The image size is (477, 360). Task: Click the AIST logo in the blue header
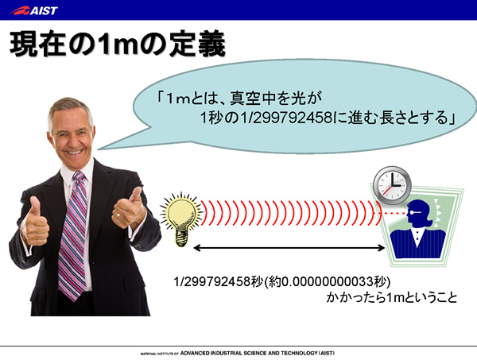33,10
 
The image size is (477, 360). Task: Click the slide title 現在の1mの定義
118,45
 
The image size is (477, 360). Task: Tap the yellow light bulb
181,219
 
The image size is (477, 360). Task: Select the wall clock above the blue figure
392,185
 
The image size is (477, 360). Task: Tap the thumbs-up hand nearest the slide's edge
35,222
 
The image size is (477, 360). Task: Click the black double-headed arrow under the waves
289,248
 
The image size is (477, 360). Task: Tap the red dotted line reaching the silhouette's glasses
394,213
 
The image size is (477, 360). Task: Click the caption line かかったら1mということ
391,297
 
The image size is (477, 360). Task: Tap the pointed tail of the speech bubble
99,149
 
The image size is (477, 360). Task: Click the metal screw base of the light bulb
181,239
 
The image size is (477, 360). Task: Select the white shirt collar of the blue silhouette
418,236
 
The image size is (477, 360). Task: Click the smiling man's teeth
75,152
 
